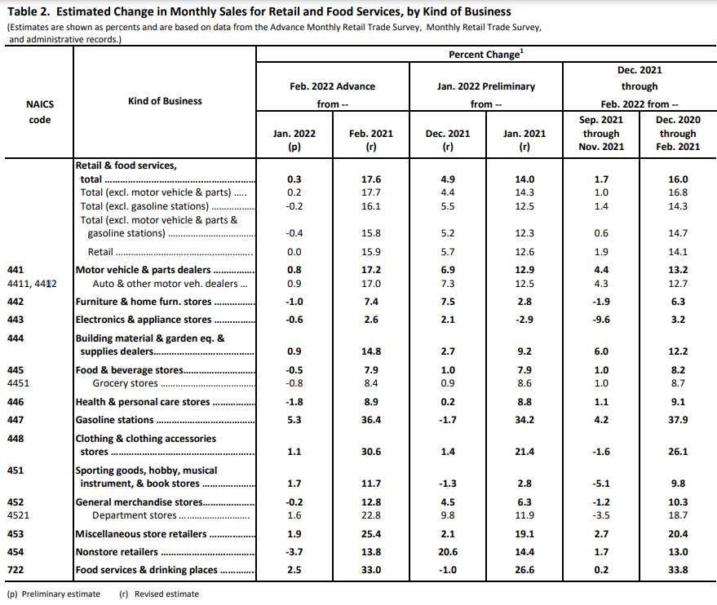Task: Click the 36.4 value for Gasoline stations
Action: point(371,420)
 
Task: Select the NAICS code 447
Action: point(15,420)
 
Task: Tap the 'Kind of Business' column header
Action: point(165,101)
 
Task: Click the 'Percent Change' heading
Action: point(484,54)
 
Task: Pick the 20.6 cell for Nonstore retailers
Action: point(448,553)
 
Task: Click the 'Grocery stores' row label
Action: point(125,383)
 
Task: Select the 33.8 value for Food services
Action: point(678,571)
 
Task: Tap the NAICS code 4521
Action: point(18,515)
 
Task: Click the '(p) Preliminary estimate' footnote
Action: point(53,594)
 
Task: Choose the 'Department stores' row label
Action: point(134,515)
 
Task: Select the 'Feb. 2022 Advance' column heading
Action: point(332,86)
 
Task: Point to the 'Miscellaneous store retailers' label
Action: point(140,535)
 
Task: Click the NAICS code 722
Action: point(15,571)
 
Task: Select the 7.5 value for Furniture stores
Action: point(448,302)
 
